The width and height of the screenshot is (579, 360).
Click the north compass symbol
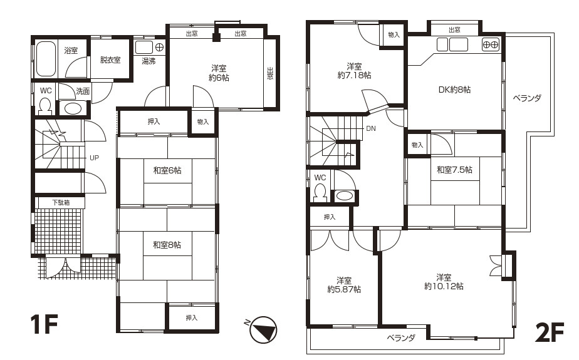[x=263, y=329]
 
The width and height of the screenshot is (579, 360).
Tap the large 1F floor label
[x=44, y=324]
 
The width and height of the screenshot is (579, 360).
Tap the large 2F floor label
[x=550, y=332]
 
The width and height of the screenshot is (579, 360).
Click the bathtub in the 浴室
[x=46, y=58]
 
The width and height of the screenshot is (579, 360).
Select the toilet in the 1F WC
[x=45, y=105]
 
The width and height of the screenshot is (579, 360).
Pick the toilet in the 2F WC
[x=320, y=193]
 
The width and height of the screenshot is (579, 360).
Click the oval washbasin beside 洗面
[x=73, y=108]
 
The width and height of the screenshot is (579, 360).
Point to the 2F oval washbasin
[x=345, y=195]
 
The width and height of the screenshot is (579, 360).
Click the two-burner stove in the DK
[x=491, y=44]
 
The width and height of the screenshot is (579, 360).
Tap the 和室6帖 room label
[x=167, y=170]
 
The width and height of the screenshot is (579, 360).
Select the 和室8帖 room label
[x=167, y=245]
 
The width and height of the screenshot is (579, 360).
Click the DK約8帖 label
[x=454, y=90]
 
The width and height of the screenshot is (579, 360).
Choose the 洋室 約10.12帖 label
[x=444, y=282]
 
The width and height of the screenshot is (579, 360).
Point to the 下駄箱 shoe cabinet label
[x=61, y=202]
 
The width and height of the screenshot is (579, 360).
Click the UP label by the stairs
[x=94, y=158]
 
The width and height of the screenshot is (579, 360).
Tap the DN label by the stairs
[x=371, y=128]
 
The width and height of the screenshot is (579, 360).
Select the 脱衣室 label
[x=110, y=59]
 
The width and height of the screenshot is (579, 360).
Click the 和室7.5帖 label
[x=454, y=170]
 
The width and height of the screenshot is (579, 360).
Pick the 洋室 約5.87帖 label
[x=344, y=285]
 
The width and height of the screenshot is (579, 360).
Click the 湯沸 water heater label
[x=149, y=61]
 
